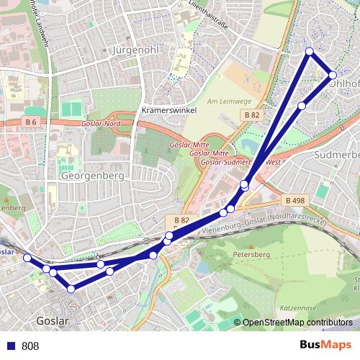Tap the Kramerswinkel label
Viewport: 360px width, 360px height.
(171, 111)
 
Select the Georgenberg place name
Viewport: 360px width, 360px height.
(94, 175)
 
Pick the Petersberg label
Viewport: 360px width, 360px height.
(250, 254)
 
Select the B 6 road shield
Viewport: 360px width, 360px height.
(30, 122)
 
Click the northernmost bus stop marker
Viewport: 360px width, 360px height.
(310, 51)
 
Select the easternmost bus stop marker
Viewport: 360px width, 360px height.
(333, 75)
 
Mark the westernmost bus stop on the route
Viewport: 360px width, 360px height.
(27, 258)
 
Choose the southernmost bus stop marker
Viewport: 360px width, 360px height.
(71, 289)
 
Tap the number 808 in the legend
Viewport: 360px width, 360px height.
(30, 346)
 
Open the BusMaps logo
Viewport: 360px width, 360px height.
(325, 345)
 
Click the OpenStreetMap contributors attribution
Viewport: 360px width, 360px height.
(297, 323)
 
